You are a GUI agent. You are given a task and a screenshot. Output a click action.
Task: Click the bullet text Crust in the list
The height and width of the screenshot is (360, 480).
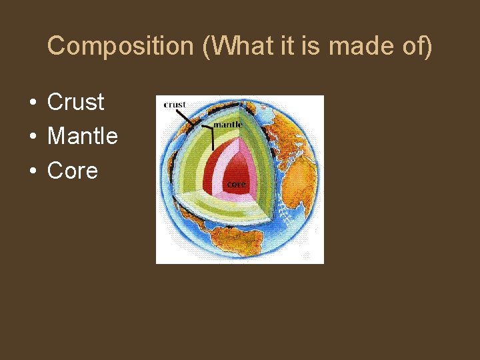pyautogui.click(x=76, y=102)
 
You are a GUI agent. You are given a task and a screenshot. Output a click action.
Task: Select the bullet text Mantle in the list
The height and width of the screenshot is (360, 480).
pyautogui.click(x=83, y=137)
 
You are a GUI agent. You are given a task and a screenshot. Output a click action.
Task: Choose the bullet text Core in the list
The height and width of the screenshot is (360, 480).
pyautogui.click(x=73, y=171)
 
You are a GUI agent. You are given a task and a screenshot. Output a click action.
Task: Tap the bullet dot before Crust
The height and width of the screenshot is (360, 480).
pyautogui.click(x=32, y=103)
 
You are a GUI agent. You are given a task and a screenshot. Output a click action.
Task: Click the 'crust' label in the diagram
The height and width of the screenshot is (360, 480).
pyautogui.click(x=175, y=105)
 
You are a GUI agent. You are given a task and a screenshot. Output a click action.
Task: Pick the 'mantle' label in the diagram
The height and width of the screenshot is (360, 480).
pyautogui.click(x=227, y=123)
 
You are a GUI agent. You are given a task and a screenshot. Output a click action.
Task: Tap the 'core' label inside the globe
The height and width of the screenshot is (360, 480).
pyautogui.click(x=237, y=183)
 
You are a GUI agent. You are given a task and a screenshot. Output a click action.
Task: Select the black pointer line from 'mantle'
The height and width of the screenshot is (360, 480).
pyautogui.click(x=212, y=137)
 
